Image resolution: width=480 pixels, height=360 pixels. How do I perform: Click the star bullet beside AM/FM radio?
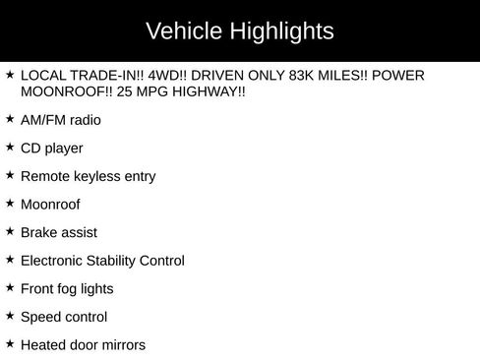(10, 119)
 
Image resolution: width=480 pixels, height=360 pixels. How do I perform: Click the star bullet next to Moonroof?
(10, 204)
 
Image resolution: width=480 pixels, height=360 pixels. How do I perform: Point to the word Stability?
(110, 262)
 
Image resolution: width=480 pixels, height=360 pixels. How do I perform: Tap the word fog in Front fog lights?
(71, 289)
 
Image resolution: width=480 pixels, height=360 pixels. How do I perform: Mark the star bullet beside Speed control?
(10, 316)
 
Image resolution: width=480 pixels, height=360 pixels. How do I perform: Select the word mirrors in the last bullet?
(120, 345)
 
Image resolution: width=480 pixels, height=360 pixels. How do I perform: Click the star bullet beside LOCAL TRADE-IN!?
(10, 75)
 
